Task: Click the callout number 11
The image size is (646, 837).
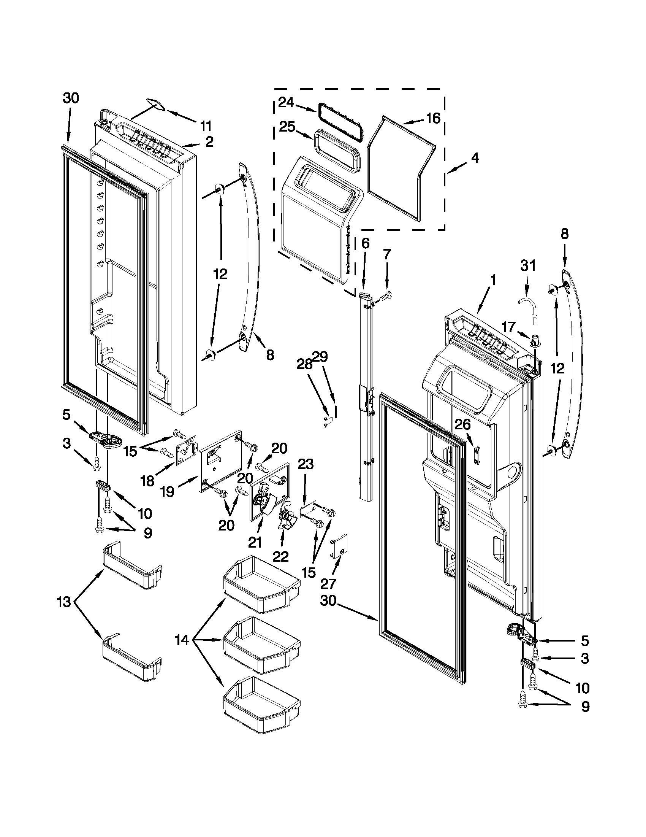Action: pyautogui.click(x=206, y=125)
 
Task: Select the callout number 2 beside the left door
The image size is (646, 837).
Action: pyautogui.click(x=209, y=142)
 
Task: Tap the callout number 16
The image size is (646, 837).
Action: pyautogui.click(x=433, y=118)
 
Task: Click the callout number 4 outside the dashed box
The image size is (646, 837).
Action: pyautogui.click(x=475, y=158)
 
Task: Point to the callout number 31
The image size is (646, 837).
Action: pyautogui.click(x=528, y=265)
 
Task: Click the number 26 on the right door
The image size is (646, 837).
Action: pyautogui.click(x=462, y=424)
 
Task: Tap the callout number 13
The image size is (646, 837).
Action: pyautogui.click(x=64, y=602)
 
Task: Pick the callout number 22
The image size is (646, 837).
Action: pyautogui.click(x=280, y=556)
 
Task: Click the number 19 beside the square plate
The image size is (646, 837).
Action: pyautogui.click(x=168, y=491)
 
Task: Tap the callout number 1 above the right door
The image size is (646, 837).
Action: pyautogui.click(x=493, y=280)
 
